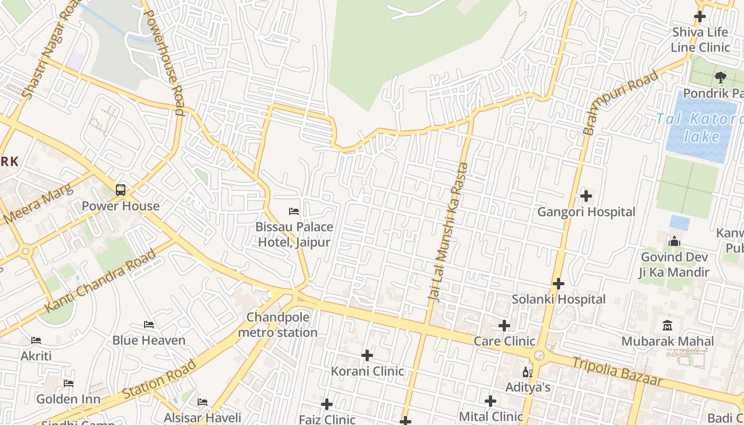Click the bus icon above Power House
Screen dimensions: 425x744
[x=121, y=190]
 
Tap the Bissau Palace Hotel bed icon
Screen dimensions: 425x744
[x=294, y=211]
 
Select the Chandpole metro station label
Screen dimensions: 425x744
[x=277, y=325]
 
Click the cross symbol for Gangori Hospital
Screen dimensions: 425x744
[x=586, y=196]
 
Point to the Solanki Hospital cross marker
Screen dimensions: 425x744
[x=558, y=284]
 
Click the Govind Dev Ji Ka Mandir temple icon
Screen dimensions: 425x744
[x=674, y=242]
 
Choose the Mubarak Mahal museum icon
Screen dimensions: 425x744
[x=667, y=325]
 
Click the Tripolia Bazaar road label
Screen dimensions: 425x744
[x=617, y=371]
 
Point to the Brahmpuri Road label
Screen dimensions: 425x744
[x=620, y=102]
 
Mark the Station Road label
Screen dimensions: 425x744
[x=159, y=380]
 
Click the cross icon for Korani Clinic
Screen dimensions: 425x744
[x=367, y=355]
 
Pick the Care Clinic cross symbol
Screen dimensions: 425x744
[x=504, y=325]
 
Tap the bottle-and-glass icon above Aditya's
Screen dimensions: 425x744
[x=527, y=372]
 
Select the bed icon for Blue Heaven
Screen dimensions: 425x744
[x=149, y=324]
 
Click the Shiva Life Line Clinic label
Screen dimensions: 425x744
[x=700, y=40]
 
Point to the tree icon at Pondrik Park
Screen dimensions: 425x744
[x=720, y=78]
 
